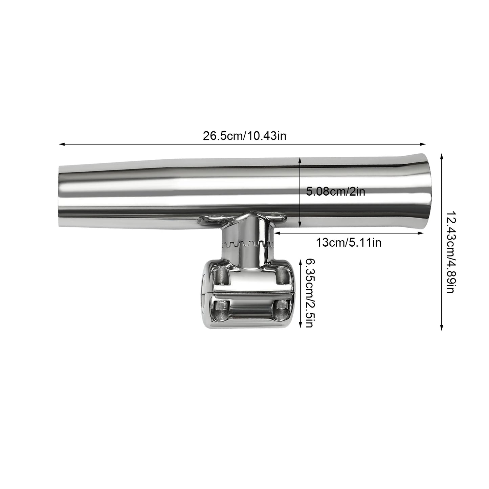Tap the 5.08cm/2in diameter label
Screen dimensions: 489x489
coord(335,192)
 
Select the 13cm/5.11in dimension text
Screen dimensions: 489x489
coord(349,242)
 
